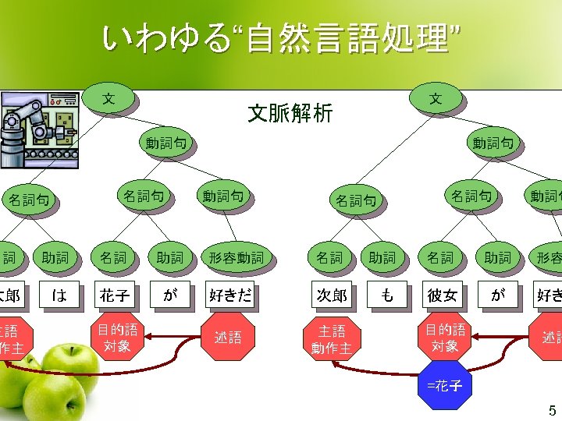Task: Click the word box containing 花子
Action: [x=113, y=296]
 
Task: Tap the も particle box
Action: [x=386, y=296]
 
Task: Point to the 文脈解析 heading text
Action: [x=290, y=114]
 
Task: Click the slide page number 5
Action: [x=552, y=411]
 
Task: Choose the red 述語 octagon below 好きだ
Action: [x=228, y=337]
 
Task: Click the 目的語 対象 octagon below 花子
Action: [x=117, y=337]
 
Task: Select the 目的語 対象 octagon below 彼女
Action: [x=445, y=337]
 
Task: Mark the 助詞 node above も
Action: [x=382, y=257]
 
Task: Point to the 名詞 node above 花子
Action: [x=113, y=257]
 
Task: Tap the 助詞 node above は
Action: [x=55, y=257]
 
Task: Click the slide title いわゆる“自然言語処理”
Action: [x=281, y=39]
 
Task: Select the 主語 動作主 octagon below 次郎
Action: [x=332, y=338]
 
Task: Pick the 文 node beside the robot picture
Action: [x=110, y=99]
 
